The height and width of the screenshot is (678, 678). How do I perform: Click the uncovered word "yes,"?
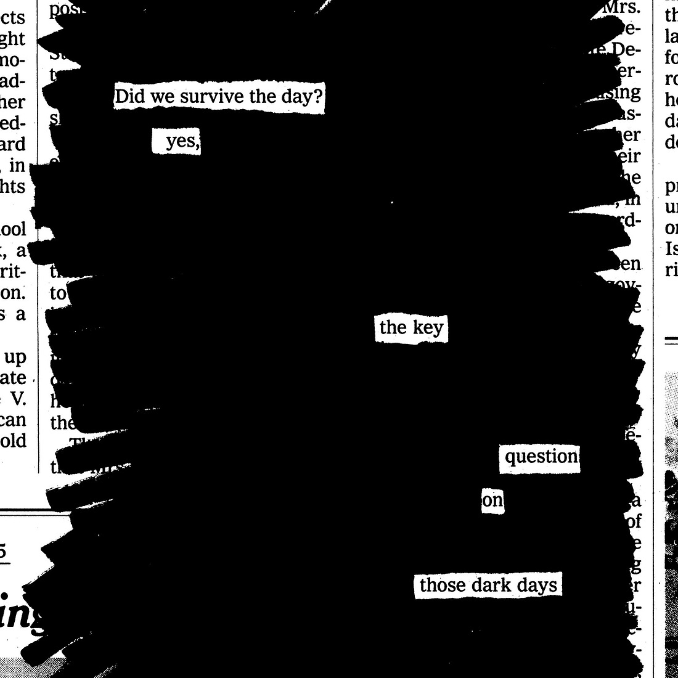(182, 142)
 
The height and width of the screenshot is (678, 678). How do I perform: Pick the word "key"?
(428, 327)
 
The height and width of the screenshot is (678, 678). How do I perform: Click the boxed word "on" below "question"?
(492, 500)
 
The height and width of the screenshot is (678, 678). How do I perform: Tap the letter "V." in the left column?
(18, 399)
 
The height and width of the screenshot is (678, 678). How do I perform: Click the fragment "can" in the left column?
(14, 420)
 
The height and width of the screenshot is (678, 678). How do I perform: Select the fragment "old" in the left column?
(14, 441)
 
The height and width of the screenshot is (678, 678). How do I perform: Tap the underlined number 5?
(3, 550)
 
